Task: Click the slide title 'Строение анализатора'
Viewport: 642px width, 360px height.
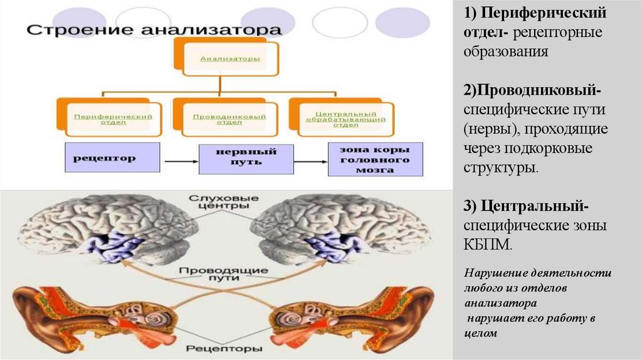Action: pos(154,29)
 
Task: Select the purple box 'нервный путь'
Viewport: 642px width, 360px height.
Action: pos(246,159)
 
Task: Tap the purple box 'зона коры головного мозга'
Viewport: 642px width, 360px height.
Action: pos(376,159)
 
